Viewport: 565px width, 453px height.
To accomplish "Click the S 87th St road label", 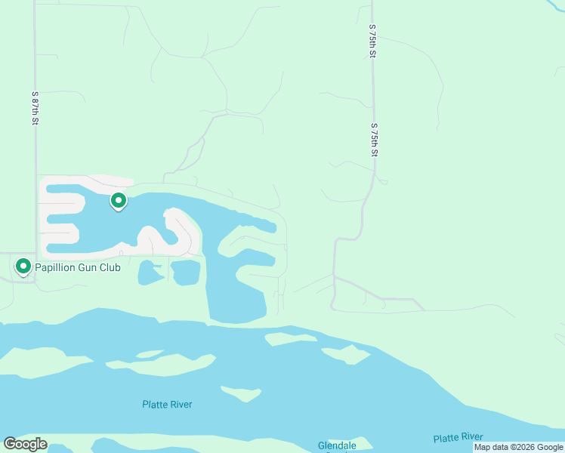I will tap(35, 108).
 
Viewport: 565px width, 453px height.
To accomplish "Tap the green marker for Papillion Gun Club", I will tap(23, 267).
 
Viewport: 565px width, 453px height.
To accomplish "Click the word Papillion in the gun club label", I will tap(58, 267).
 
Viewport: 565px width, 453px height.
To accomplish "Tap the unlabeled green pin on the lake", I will tap(119, 201).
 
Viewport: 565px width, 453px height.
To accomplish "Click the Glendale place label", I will tap(336, 445).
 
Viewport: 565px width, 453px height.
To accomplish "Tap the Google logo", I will tap(25, 444).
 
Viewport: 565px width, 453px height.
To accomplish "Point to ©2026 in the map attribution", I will tap(522, 448).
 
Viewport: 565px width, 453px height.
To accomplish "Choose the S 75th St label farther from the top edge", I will tap(373, 140).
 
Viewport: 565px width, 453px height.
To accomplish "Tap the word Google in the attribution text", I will tap(549, 448).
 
